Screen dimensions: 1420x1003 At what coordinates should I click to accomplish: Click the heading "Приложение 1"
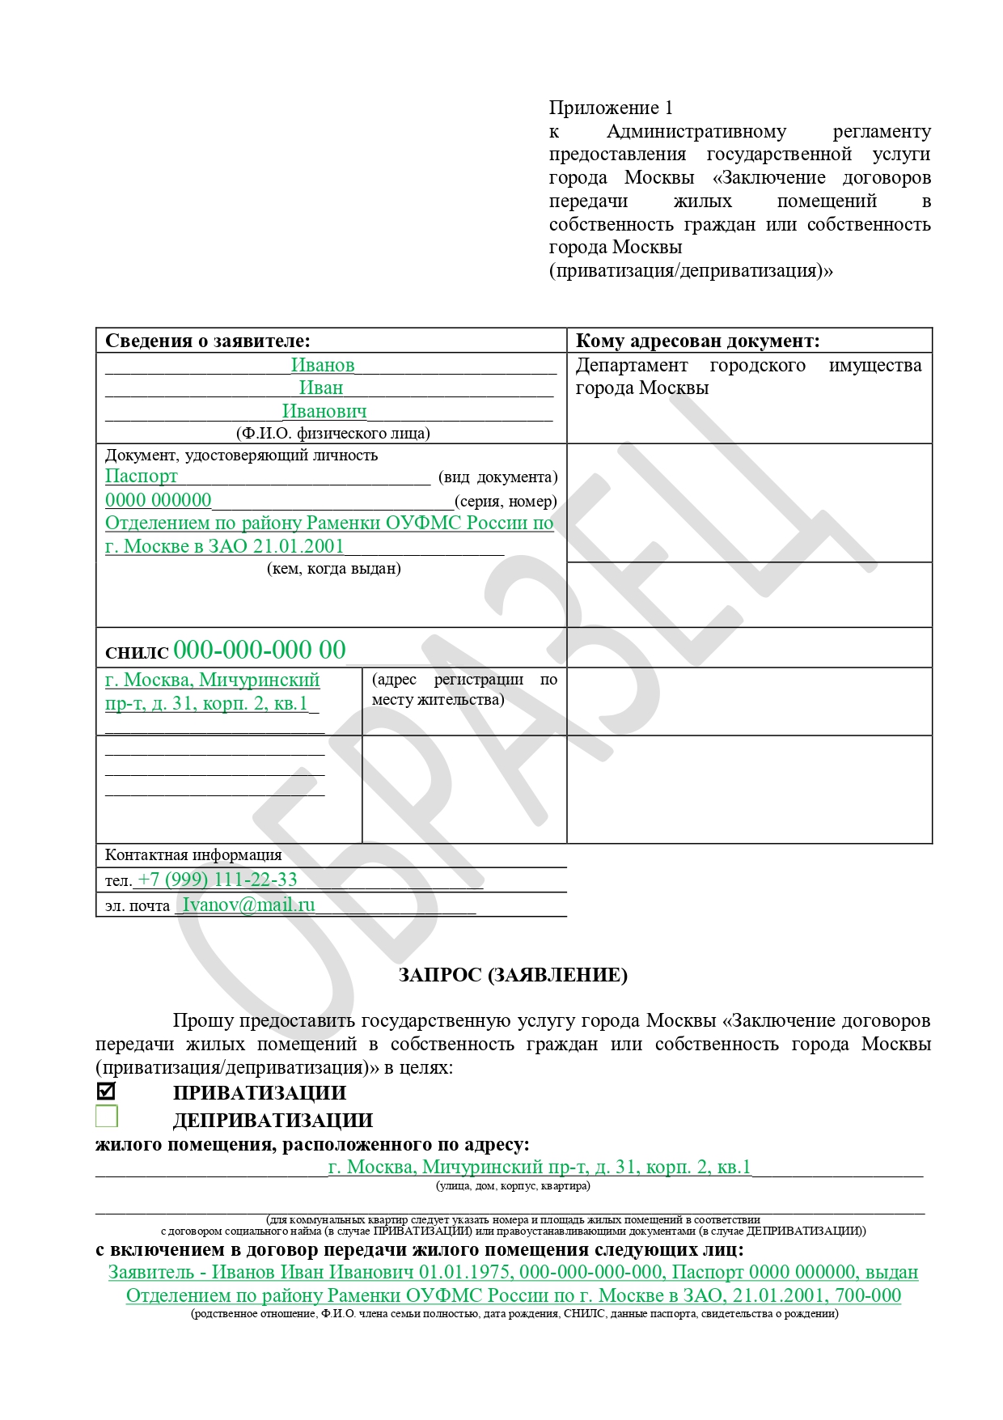(x=611, y=108)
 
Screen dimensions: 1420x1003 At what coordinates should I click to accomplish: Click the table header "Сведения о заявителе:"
(x=208, y=341)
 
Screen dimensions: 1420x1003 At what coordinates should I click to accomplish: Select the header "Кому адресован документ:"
(x=697, y=341)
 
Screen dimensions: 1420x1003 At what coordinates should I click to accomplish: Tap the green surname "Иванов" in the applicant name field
(x=323, y=365)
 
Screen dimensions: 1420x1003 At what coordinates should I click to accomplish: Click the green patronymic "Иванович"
(x=324, y=411)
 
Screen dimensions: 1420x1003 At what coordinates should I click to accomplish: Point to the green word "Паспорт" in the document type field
(x=142, y=476)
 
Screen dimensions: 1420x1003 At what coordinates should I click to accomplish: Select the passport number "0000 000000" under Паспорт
(x=159, y=500)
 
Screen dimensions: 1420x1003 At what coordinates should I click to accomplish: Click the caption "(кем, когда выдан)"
(x=334, y=568)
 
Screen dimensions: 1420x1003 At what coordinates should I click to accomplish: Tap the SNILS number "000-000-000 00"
(x=260, y=650)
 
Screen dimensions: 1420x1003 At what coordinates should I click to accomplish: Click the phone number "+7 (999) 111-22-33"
(x=218, y=880)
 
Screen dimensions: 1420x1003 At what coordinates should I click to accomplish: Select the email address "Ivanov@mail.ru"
(x=249, y=905)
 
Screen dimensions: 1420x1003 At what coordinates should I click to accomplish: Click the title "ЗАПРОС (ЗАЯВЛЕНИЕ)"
(x=513, y=975)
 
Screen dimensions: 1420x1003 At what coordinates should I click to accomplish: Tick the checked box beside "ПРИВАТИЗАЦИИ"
(x=106, y=1091)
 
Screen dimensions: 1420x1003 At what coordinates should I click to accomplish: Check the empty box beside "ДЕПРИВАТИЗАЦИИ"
(x=106, y=1117)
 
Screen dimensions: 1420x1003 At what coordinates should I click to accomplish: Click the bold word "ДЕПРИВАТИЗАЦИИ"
(x=273, y=1121)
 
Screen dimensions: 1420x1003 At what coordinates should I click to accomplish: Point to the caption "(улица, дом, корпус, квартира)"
(x=513, y=1185)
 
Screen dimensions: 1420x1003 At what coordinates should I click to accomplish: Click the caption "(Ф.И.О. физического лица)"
(x=333, y=433)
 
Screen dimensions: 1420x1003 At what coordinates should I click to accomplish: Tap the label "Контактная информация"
(x=193, y=854)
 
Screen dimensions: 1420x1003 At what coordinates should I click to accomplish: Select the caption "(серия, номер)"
(x=506, y=501)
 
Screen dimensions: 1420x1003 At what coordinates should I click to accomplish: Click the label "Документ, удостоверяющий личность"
(x=241, y=455)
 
